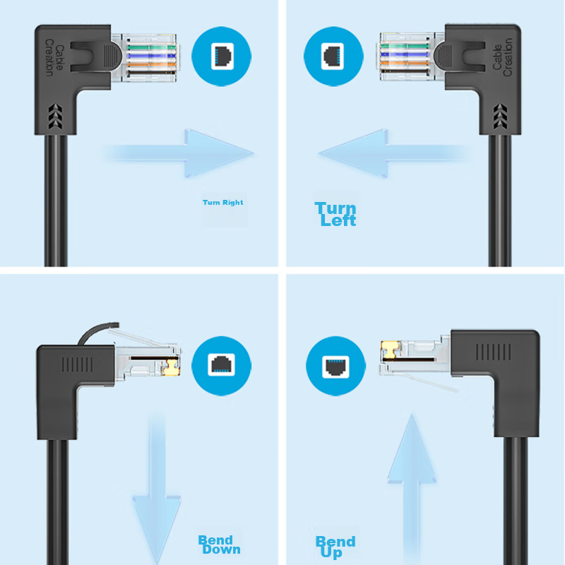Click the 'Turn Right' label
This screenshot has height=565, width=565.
click(x=222, y=203)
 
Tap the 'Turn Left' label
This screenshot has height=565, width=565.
click(x=335, y=214)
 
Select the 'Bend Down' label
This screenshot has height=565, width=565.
click(x=219, y=545)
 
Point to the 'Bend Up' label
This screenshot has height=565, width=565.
click(x=335, y=547)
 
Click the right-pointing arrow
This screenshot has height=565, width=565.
click(x=180, y=153)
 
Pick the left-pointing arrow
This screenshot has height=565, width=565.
click(x=394, y=153)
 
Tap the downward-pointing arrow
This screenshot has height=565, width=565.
click(x=157, y=490)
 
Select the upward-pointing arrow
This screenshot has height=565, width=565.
click(x=412, y=488)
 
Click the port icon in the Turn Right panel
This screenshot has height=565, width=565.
click(x=221, y=56)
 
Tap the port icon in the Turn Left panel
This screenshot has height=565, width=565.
click(x=333, y=56)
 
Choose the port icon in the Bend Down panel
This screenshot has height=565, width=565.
click(x=221, y=366)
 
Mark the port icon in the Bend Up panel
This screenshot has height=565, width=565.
click(x=335, y=366)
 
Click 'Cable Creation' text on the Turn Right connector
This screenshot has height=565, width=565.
click(x=54, y=58)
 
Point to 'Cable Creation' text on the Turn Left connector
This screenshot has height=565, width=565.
click(x=502, y=57)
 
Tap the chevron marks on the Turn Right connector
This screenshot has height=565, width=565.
click(x=55, y=116)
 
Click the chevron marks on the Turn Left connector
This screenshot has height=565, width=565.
click(x=500, y=116)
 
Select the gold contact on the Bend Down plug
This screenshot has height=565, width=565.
click(x=171, y=367)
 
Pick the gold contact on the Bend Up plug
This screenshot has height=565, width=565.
click(x=391, y=350)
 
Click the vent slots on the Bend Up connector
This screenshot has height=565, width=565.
click(x=493, y=352)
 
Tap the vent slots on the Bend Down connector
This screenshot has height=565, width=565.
click(x=77, y=364)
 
